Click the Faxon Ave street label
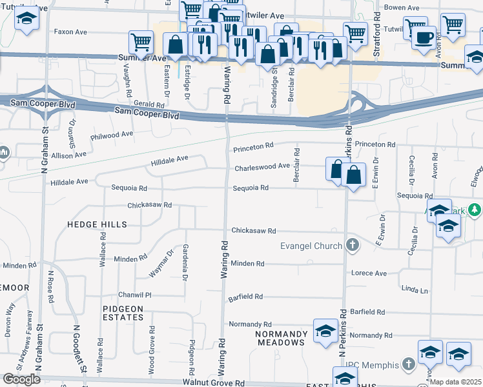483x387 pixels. (x=70, y=31)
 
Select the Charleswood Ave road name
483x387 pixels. (x=262, y=166)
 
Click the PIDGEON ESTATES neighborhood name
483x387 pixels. (x=123, y=313)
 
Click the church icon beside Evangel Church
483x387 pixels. (x=352, y=245)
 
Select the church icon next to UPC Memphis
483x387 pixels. (x=407, y=365)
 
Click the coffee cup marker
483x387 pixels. (x=424, y=37)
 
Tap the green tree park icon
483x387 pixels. (x=475, y=210)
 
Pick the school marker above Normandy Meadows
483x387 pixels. (x=325, y=330)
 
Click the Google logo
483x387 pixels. (x=21, y=379)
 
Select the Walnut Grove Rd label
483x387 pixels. (x=213, y=382)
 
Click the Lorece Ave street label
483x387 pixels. (x=369, y=273)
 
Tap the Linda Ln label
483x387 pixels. (x=415, y=291)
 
